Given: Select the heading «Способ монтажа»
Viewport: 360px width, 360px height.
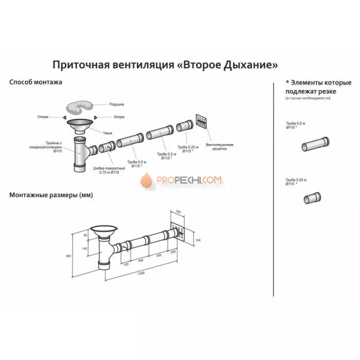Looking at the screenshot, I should [35, 82].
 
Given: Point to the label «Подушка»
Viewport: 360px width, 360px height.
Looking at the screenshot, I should [116, 104].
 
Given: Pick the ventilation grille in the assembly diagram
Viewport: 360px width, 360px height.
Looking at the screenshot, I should [201, 121].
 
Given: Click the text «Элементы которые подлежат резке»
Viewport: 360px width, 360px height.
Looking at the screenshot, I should [318, 87].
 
